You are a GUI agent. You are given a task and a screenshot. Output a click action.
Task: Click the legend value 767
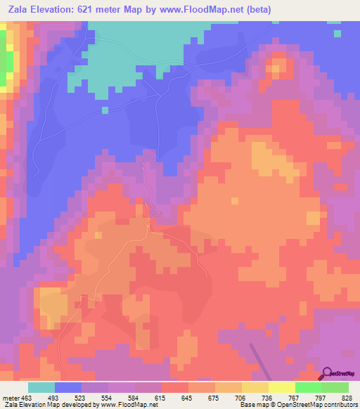(x=295, y=398)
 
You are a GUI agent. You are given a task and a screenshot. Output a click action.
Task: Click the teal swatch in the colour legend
(x=41, y=387)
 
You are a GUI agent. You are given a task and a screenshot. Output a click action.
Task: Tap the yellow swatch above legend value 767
(x=282, y=387)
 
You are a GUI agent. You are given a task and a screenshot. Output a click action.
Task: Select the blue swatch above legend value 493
(x=68, y=387)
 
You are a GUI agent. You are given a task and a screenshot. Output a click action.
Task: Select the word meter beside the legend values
(x=11, y=398)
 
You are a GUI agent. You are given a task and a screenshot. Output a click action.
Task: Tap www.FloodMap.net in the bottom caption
(x=129, y=405)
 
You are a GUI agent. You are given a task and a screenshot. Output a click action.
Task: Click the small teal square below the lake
(x=105, y=110)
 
